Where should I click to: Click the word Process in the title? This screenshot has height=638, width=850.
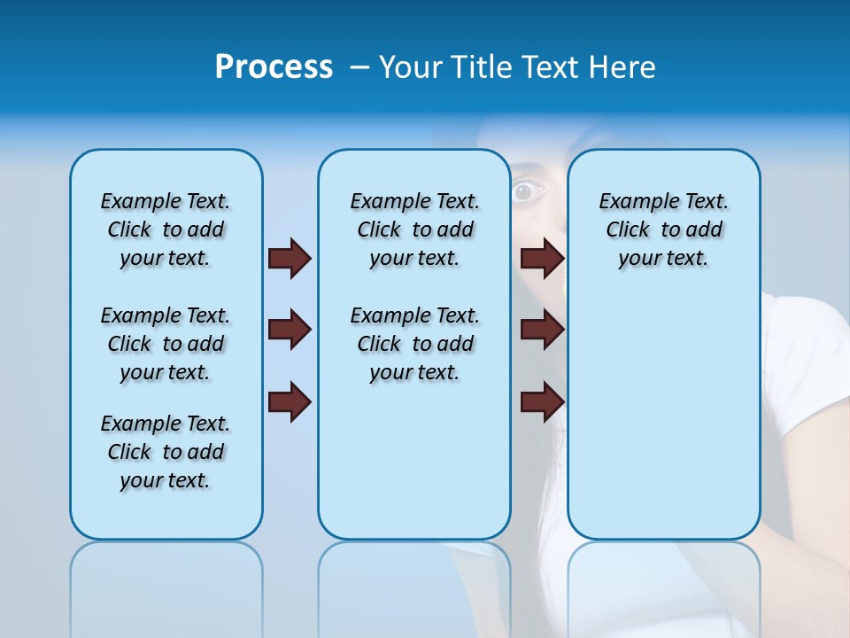[274, 67]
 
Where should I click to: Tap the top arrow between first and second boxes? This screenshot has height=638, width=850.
[290, 258]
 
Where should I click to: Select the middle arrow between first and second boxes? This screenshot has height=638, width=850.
[290, 330]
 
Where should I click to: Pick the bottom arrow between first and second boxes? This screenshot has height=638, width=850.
[290, 402]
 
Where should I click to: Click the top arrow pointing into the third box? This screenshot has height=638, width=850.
[542, 258]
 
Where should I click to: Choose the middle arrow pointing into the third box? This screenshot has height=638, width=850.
[542, 330]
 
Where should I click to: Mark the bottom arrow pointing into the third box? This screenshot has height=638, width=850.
[542, 402]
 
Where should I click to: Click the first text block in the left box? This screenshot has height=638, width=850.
[166, 230]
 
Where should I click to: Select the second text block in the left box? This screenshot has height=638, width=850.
[166, 344]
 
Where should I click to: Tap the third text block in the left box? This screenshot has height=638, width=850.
[166, 452]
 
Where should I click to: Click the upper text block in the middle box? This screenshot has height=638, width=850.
[414, 230]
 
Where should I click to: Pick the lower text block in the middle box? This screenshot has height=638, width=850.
[414, 344]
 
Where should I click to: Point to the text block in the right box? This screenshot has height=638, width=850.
[663, 230]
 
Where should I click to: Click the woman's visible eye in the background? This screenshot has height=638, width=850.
[525, 191]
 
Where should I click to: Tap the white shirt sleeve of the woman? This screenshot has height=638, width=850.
[806, 372]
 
